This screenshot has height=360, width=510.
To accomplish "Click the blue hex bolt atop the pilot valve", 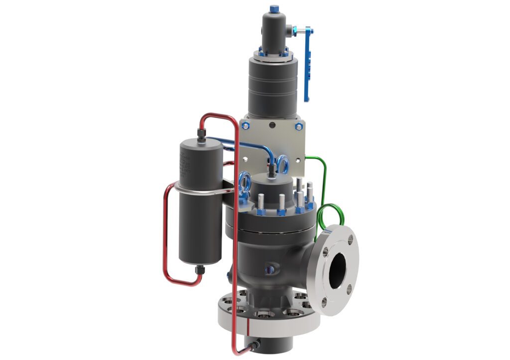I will pyautogui.click(x=273, y=9).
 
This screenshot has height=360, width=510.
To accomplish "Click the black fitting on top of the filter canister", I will pyautogui.click(x=201, y=134).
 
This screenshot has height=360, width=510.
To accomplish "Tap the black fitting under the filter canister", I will pyautogui.click(x=200, y=270).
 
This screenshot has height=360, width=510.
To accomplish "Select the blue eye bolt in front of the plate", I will pyautogui.click(x=282, y=164).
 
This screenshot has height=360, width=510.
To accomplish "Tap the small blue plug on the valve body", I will pyautogui.click(x=270, y=269).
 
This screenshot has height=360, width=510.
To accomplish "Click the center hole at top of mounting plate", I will pyautogui.click(x=271, y=125).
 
